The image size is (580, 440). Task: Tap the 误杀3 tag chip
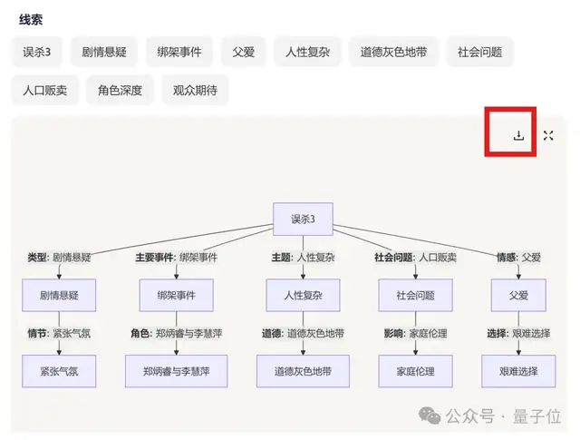click(37, 52)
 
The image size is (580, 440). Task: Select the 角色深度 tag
click(120, 90)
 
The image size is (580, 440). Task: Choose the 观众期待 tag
click(195, 90)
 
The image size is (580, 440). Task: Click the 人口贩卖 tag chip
click(45, 90)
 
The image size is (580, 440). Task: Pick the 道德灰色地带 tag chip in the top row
click(394, 52)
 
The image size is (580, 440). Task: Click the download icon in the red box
click(518, 136)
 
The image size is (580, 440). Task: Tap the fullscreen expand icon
click(548, 136)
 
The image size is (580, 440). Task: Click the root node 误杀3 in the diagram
click(303, 219)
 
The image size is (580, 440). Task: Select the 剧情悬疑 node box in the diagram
click(58, 295)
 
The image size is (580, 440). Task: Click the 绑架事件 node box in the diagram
click(176, 295)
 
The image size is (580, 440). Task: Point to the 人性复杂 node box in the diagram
click(302, 295)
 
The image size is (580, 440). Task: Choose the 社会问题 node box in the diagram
click(416, 295)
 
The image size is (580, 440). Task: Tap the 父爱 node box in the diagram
click(518, 295)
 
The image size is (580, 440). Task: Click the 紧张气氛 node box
click(58, 371)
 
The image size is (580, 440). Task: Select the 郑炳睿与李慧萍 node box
click(176, 371)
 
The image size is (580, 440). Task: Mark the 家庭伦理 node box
click(416, 371)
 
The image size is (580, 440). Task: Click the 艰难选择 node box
click(518, 371)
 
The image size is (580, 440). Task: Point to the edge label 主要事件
click(155, 258)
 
